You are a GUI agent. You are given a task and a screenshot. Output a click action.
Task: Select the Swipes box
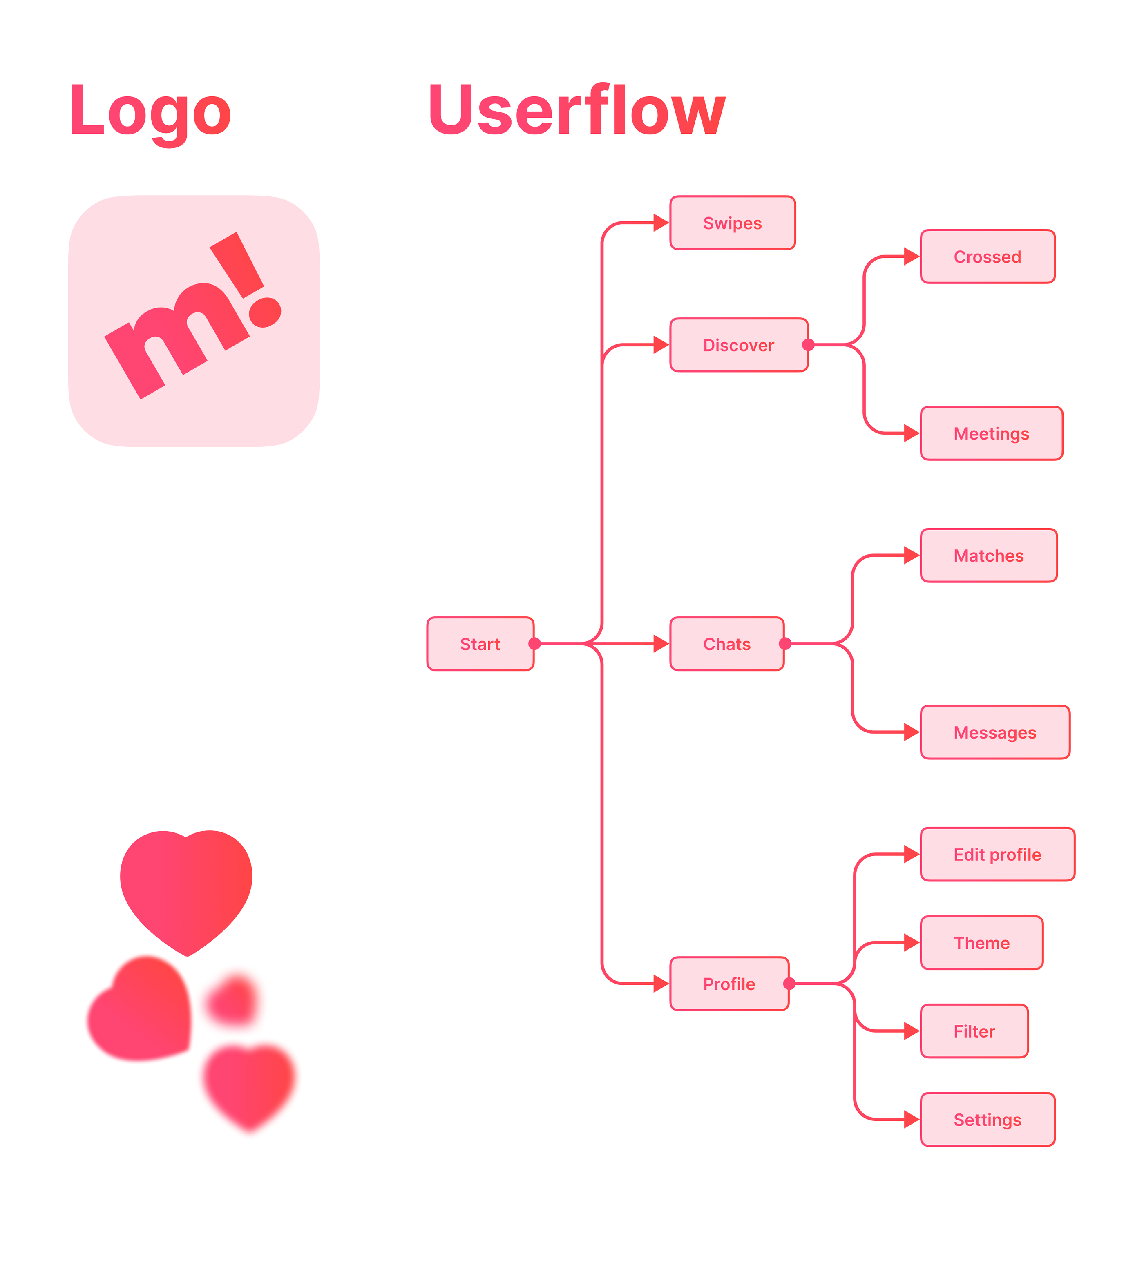pos(732,223)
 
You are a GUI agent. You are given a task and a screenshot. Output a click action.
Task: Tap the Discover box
pos(739,345)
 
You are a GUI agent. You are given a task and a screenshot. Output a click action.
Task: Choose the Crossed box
pos(988,257)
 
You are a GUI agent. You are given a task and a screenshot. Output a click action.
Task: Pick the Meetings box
pos(991,433)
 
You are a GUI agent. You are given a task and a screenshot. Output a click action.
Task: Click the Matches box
pos(989,556)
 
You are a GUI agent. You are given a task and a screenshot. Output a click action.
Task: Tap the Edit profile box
pos(998,855)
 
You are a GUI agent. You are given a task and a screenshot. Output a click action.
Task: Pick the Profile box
pos(729,984)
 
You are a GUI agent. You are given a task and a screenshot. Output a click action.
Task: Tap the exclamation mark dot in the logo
pos(265,312)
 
